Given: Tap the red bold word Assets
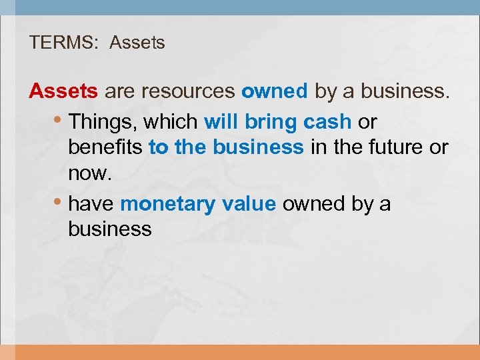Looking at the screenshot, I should tap(63, 91).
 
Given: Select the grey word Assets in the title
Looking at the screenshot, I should tap(137, 43).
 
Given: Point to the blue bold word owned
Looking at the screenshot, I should tap(275, 91).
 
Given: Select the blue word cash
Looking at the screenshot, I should tap(327, 122).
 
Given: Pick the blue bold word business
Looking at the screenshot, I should tap(258, 147).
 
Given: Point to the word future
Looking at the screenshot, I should tap(396, 147).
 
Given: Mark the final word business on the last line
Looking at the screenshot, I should tap(110, 229).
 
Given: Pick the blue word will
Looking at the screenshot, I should tap(221, 122).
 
